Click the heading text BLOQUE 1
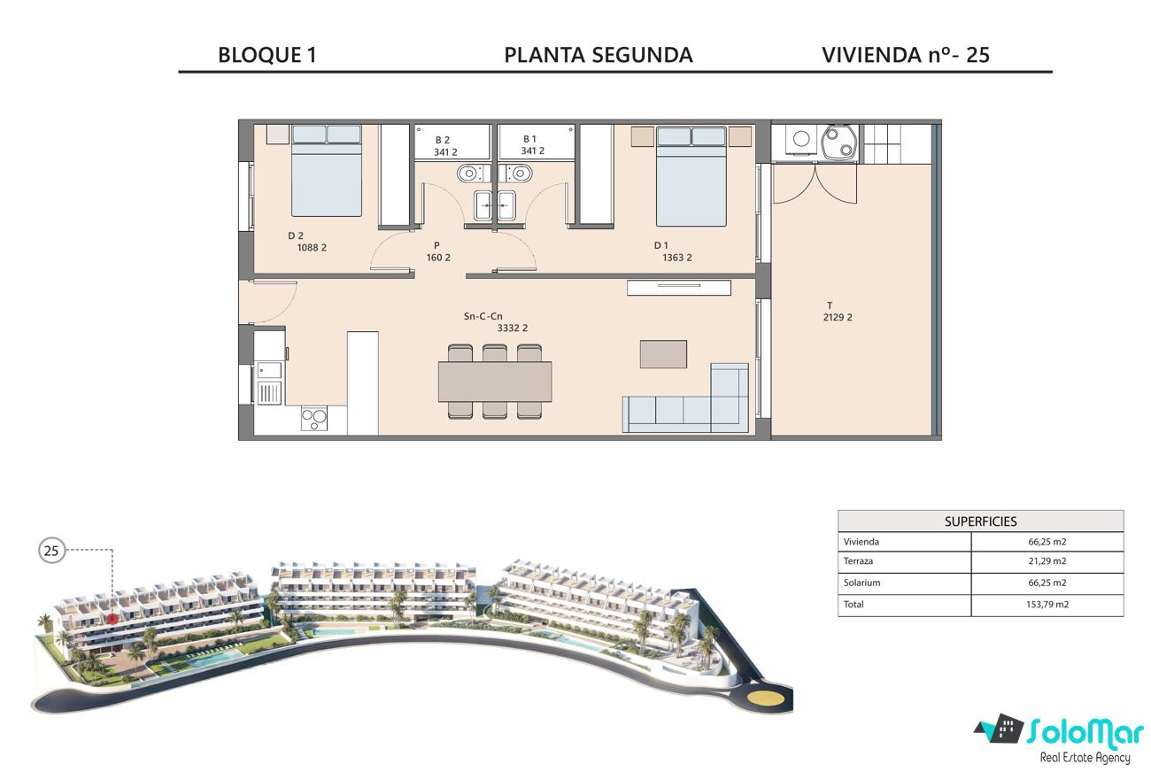(267, 55)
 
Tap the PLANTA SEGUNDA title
(599, 55)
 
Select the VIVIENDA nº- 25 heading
(906, 55)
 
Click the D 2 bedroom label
(296, 235)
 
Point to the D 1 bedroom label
(661, 245)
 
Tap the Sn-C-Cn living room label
(483, 316)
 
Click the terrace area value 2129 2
(838, 318)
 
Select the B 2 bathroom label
(443, 140)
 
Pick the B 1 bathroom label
(529, 139)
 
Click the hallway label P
(436, 245)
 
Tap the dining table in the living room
(495, 382)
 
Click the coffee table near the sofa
(663, 354)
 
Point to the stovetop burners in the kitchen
(314, 419)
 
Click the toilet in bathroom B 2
(469, 174)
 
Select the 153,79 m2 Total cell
(1047, 605)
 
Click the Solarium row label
(861, 583)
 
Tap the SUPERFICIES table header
(980, 521)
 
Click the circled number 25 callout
(51, 551)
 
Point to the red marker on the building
(112, 619)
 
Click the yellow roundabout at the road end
(766, 698)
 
